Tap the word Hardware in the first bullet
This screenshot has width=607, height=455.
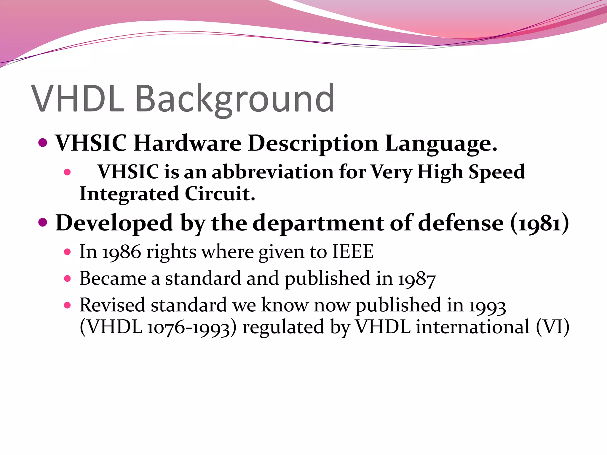(187, 143)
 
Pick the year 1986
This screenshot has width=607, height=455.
(122, 252)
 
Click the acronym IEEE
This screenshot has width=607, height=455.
(353, 252)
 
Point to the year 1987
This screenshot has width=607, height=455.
(417, 279)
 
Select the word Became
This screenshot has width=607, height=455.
(113, 278)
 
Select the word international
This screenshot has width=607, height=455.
(472, 327)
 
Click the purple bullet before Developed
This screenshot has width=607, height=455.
(43, 222)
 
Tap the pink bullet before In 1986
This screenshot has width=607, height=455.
(68, 252)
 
